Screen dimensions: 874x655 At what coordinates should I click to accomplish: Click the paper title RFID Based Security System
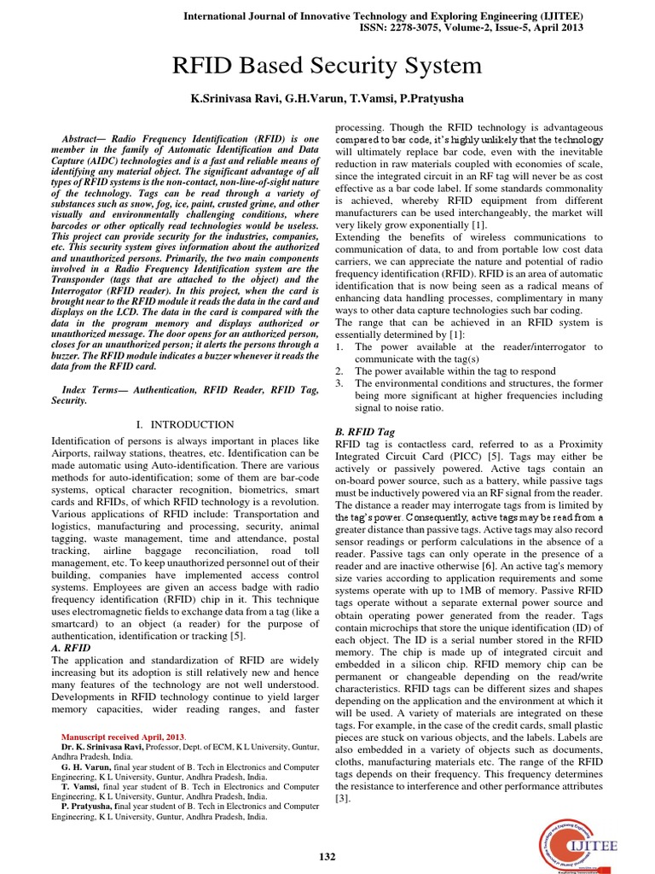click(327, 66)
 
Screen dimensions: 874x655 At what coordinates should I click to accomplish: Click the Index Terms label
click(90, 389)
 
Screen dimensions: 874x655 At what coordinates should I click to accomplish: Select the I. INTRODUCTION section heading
click(185, 425)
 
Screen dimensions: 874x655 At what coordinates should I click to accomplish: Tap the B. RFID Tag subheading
click(365, 433)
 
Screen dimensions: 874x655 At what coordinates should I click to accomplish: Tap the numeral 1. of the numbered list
click(339, 347)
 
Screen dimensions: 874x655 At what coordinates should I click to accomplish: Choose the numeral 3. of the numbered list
click(339, 383)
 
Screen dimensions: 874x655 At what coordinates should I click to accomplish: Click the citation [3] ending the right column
click(342, 797)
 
